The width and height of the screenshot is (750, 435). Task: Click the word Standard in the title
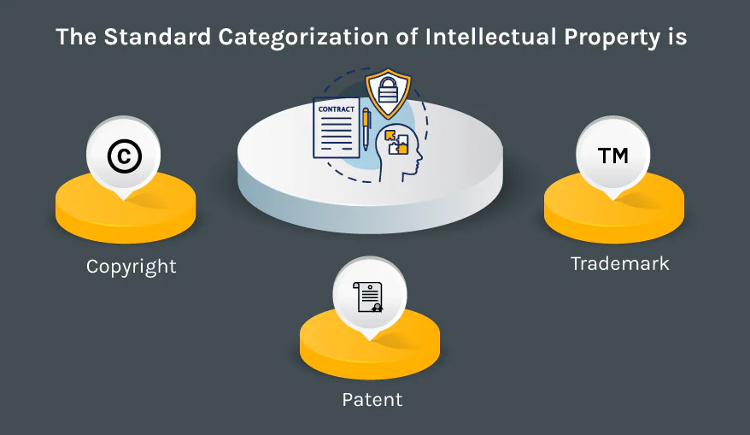click(x=157, y=37)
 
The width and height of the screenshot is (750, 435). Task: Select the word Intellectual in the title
click(x=491, y=37)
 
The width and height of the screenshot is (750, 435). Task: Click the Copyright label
click(x=131, y=267)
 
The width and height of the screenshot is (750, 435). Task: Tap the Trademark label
click(x=620, y=264)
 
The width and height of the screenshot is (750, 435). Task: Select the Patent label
click(x=372, y=400)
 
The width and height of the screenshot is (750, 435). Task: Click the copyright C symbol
click(x=125, y=156)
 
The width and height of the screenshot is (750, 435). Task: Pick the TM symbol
click(x=612, y=156)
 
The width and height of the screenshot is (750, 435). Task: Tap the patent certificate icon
click(x=368, y=297)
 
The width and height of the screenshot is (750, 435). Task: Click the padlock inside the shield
click(x=388, y=90)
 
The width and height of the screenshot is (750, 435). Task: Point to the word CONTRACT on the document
click(x=337, y=109)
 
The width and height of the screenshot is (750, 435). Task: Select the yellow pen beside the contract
click(x=366, y=128)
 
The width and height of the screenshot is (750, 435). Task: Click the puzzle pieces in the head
click(x=397, y=142)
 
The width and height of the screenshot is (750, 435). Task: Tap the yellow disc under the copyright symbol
click(x=126, y=209)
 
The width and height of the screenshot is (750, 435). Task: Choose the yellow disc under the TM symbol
click(x=614, y=209)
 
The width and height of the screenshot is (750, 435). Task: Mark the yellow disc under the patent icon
click(x=370, y=345)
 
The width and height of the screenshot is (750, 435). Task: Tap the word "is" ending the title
click(x=677, y=37)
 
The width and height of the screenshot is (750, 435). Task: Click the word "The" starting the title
click(x=76, y=37)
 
